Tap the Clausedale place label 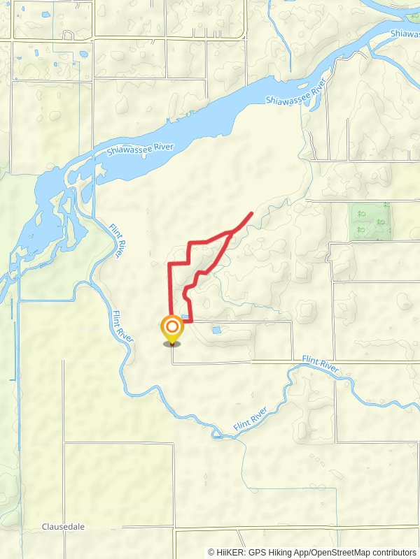[x=63, y=527]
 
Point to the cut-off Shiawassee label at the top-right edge [x=405, y=33]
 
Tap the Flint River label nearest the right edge [x=321, y=363]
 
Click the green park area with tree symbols [x=370, y=222]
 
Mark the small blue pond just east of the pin [x=216, y=330]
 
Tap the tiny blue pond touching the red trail [x=185, y=317]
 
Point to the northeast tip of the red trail [x=251, y=212]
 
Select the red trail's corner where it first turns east [x=170, y=263]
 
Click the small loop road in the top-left [x=68, y=35]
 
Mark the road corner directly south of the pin [x=172, y=363]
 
